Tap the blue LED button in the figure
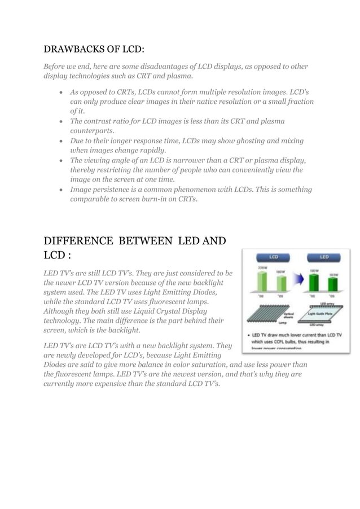click(324, 257)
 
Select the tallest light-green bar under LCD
click(261, 282)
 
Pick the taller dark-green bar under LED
click(314, 283)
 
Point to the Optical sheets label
click(288, 317)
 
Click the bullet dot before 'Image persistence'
click(60, 190)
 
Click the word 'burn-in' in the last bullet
click(156, 200)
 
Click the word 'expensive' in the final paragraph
click(124, 384)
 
